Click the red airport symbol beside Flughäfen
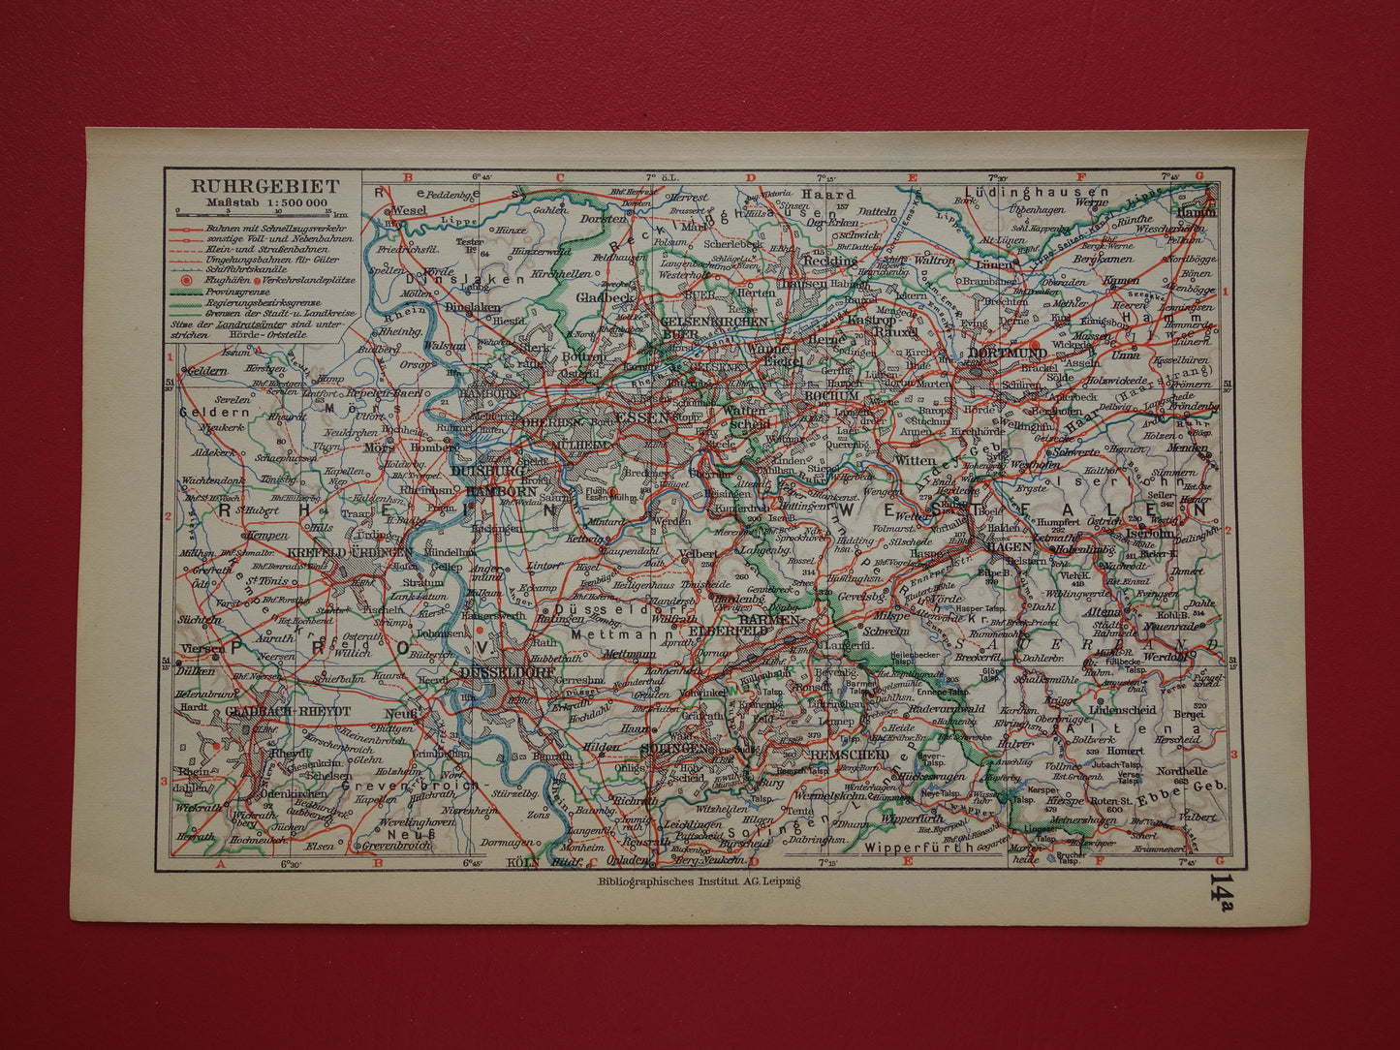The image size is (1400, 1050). [x=186, y=280]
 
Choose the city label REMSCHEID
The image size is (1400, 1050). [x=849, y=755]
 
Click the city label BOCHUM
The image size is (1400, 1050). [x=831, y=395]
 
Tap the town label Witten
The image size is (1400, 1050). [x=915, y=461]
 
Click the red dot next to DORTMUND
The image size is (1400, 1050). [x=1036, y=345]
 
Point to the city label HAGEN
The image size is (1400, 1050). [x=1008, y=547]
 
